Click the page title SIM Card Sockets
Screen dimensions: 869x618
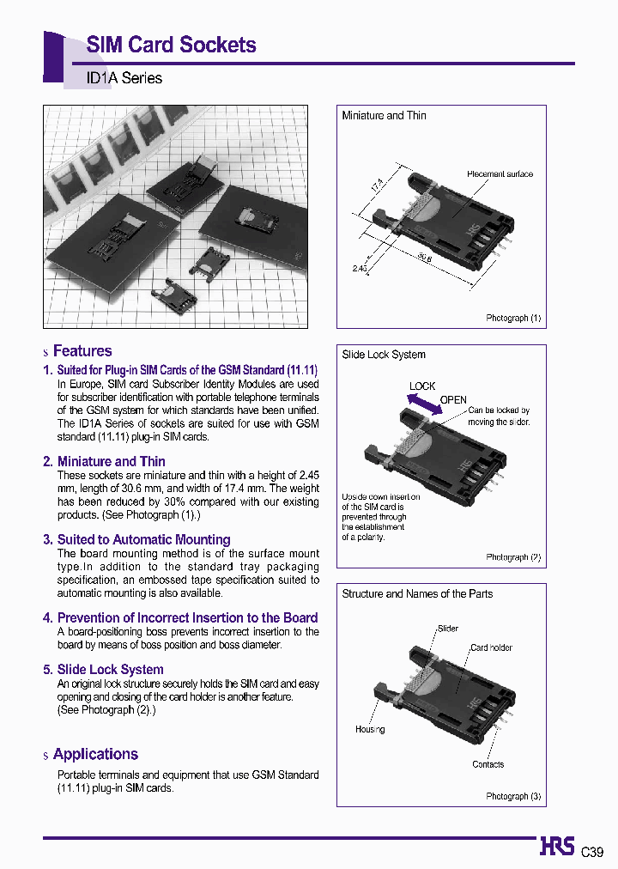pyautogui.click(x=171, y=46)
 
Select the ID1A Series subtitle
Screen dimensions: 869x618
pyautogui.click(x=124, y=78)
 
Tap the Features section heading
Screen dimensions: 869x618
pyautogui.click(x=82, y=351)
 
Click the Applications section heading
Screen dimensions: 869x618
pyautogui.click(x=95, y=755)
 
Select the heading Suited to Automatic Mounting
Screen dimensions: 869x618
pyautogui.click(x=143, y=540)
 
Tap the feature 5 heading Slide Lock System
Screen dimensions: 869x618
pyautogui.click(x=110, y=670)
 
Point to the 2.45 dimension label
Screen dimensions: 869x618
pyautogui.click(x=360, y=269)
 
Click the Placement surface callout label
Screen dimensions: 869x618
pyautogui.click(x=500, y=174)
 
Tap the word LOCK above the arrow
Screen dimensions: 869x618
pyautogui.click(x=422, y=386)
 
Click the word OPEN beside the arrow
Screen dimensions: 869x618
pyautogui.click(x=453, y=400)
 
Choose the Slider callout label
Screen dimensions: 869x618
pyautogui.click(x=448, y=629)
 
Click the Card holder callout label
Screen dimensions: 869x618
pyautogui.click(x=491, y=648)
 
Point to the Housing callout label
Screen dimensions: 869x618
pyautogui.click(x=370, y=730)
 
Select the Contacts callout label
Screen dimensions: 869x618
pyautogui.click(x=488, y=765)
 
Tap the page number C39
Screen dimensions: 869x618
pyautogui.click(x=592, y=853)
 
